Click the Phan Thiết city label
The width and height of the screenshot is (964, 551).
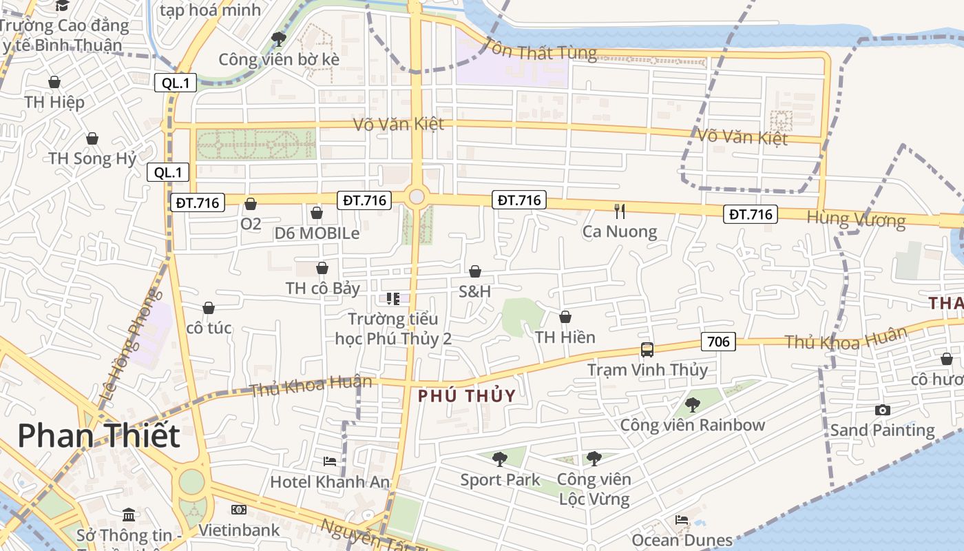coord(98,436)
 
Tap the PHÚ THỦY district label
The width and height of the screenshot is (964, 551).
coord(467,396)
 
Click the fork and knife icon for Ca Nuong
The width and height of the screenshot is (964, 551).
coord(620,211)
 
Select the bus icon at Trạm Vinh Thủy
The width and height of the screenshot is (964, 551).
coord(647,349)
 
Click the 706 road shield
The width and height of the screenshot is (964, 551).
coord(718,341)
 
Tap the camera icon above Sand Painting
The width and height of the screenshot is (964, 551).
coord(882,410)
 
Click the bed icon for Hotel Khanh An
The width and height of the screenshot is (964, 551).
coord(330,461)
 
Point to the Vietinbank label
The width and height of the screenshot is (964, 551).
coord(239,530)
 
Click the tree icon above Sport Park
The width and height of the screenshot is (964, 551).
coord(500,459)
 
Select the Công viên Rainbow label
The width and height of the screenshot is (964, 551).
coord(692,425)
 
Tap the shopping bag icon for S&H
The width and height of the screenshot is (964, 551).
coord(475,271)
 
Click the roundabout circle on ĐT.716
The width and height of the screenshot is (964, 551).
coord(417,197)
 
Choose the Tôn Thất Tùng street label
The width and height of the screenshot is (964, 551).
coord(541,50)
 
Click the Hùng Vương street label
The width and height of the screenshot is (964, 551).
coord(856,219)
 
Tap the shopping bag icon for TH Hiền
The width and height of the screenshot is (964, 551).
coord(565,317)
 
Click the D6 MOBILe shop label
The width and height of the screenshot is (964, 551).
coord(317,233)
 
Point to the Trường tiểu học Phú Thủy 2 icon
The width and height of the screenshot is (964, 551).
coord(392,298)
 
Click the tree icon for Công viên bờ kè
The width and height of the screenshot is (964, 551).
coord(279,39)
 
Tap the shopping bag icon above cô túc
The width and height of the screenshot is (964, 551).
coord(209,308)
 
